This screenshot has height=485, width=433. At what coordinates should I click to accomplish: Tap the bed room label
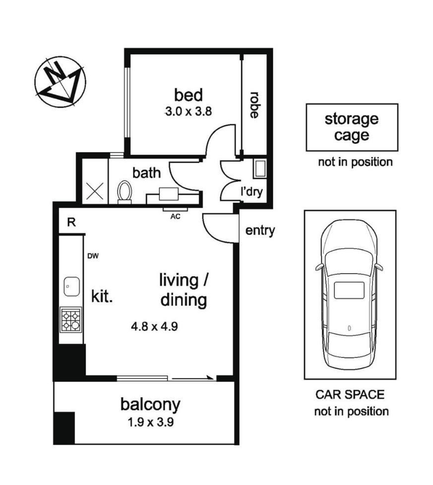(188, 95)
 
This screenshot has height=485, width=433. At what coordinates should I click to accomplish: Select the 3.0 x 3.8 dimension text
(188, 112)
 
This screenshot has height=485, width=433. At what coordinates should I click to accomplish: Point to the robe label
(254, 105)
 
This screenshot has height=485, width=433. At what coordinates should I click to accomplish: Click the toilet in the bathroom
(124, 192)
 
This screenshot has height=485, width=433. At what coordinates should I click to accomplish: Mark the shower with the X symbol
(95, 191)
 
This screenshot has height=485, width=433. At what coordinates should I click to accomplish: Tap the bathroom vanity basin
(169, 194)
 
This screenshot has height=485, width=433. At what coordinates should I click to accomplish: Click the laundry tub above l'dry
(260, 169)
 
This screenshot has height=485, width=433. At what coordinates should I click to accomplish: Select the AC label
(175, 217)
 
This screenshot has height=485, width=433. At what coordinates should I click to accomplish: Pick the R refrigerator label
(71, 222)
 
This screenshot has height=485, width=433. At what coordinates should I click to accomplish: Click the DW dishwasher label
(93, 256)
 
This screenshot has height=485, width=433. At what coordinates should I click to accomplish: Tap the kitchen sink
(72, 287)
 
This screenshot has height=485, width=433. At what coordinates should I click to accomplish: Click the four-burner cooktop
(71, 320)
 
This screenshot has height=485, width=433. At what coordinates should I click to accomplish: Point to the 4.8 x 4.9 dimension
(154, 326)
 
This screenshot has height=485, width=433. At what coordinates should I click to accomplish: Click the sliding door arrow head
(211, 377)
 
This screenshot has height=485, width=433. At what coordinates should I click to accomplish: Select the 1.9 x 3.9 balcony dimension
(151, 422)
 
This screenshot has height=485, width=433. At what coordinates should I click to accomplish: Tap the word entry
(260, 231)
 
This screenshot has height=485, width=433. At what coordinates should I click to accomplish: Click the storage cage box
(352, 127)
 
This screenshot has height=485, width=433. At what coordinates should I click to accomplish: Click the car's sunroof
(349, 290)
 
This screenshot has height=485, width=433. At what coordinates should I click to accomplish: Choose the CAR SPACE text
(350, 394)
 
